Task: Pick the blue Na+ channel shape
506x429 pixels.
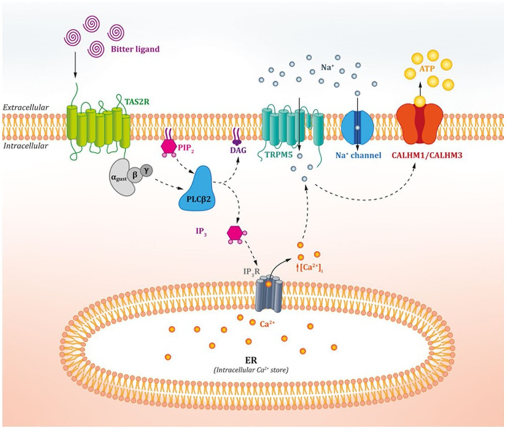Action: [357, 127]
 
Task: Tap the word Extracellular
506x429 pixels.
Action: [26, 107]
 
